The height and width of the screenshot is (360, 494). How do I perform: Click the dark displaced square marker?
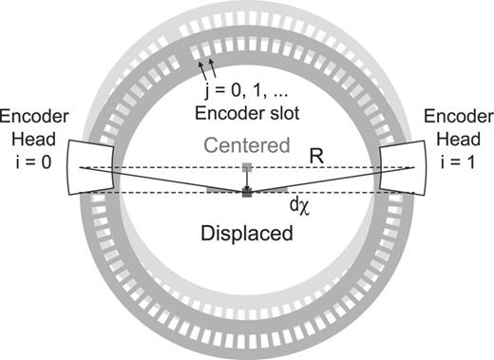coord(246,193)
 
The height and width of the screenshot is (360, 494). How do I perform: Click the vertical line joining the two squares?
coord(246,181)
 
